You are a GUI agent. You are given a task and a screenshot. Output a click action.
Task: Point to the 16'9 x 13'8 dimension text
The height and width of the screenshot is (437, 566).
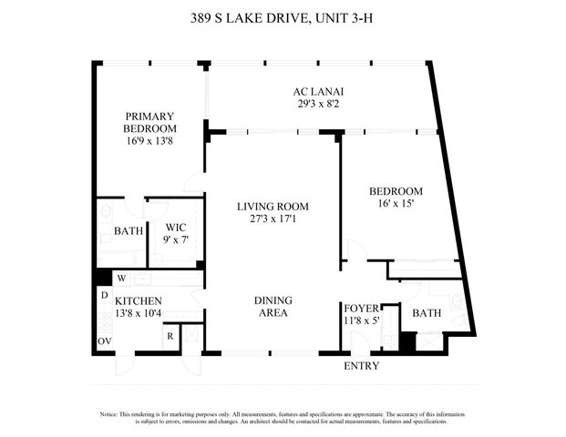(150, 141)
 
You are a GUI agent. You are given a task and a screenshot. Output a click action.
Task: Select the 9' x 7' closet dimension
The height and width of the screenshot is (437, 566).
(176, 240)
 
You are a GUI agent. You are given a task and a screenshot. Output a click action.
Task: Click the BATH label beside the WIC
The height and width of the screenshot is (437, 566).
(129, 231)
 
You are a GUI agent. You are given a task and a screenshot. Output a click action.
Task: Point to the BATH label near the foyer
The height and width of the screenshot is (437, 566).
(427, 312)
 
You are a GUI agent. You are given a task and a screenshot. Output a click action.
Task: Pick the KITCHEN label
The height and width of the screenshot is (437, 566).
(139, 300)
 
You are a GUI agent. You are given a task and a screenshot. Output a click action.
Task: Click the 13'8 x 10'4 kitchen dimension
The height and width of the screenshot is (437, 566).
(139, 313)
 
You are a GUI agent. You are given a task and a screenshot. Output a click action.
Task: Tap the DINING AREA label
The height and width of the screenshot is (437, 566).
(273, 306)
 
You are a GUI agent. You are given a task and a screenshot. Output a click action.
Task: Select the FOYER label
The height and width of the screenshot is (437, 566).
(360, 308)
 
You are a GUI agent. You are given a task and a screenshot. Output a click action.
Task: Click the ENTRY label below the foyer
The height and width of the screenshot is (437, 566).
(360, 366)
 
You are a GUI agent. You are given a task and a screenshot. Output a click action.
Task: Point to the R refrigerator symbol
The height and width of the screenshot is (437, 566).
(170, 335)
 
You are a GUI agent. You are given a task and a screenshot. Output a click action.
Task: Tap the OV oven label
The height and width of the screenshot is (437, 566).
(104, 342)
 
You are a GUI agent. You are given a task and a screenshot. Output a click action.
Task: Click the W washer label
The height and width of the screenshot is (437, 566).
(121, 278)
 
